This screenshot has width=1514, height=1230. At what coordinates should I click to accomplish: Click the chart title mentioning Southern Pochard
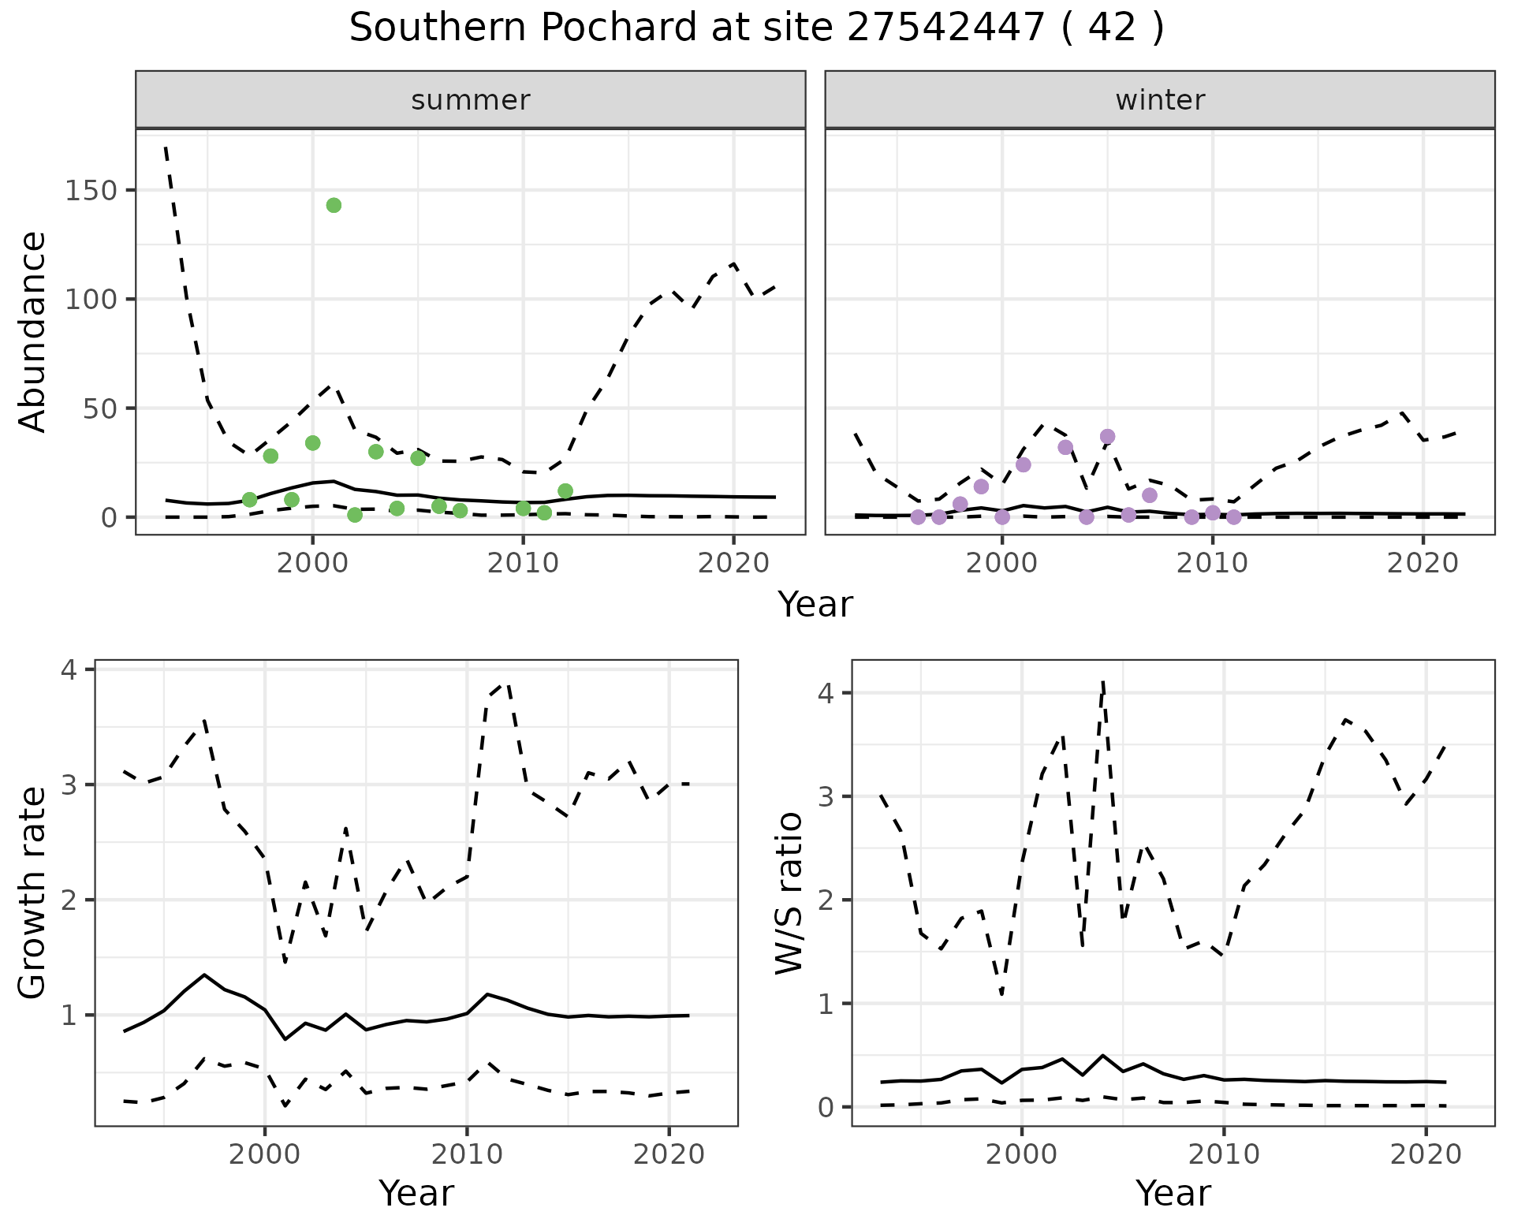756,28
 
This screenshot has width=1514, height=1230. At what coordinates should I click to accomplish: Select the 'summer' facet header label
471,100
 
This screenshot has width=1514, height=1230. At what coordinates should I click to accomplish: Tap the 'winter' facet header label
1160,100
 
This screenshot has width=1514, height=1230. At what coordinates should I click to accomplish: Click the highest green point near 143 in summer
334,206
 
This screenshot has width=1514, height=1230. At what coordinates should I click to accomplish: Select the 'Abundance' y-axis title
33,331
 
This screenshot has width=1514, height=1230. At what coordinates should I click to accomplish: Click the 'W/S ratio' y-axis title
789,893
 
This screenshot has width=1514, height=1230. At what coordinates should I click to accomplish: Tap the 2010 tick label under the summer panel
523,563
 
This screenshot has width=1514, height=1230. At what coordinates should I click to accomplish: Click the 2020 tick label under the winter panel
1423,563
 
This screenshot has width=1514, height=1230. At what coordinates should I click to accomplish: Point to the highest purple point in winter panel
1107,437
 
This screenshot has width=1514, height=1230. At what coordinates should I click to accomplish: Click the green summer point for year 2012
565,491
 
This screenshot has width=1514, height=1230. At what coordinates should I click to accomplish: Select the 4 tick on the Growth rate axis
69,670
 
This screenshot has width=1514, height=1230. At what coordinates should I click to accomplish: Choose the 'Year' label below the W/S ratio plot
1173,1194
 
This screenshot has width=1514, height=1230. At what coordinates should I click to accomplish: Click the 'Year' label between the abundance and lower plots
815,605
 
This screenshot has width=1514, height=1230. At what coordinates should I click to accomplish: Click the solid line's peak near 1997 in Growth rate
204,975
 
